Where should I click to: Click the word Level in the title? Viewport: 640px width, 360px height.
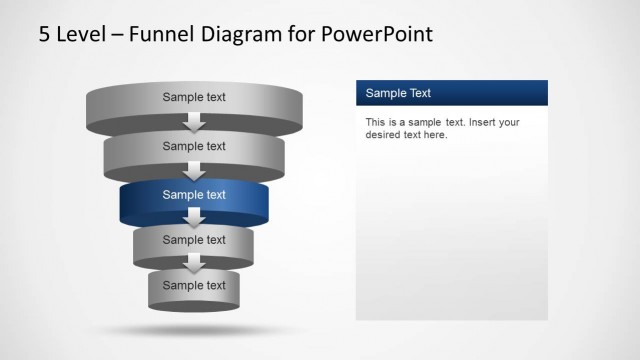pyautogui.click(x=79, y=35)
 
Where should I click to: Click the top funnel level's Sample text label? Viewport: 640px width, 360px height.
pyautogui.click(x=194, y=97)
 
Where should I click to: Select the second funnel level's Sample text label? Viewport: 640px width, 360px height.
pyautogui.click(x=194, y=146)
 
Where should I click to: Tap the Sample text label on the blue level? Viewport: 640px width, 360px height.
pyautogui.click(x=194, y=195)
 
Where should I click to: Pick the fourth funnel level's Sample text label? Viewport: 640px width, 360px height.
pyautogui.click(x=194, y=240)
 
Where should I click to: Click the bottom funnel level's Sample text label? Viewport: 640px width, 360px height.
pyautogui.click(x=194, y=285)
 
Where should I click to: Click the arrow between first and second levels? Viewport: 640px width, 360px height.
pyautogui.click(x=194, y=123)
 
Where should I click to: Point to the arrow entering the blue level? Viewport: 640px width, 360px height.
pyautogui.click(x=194, y=170)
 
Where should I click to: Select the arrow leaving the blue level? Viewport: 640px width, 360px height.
pyautogui.click(x=194, y=217)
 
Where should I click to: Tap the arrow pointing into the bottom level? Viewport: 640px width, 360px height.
pyautogui.click(x=194, y=263)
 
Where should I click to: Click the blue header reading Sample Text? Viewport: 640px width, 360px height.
pyautogui.click(x=451, y=93)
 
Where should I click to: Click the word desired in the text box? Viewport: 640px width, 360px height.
pyautogui.click(x=384, y=135)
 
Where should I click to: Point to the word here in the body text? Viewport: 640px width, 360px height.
pyautogui.click(x=435, y=135)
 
